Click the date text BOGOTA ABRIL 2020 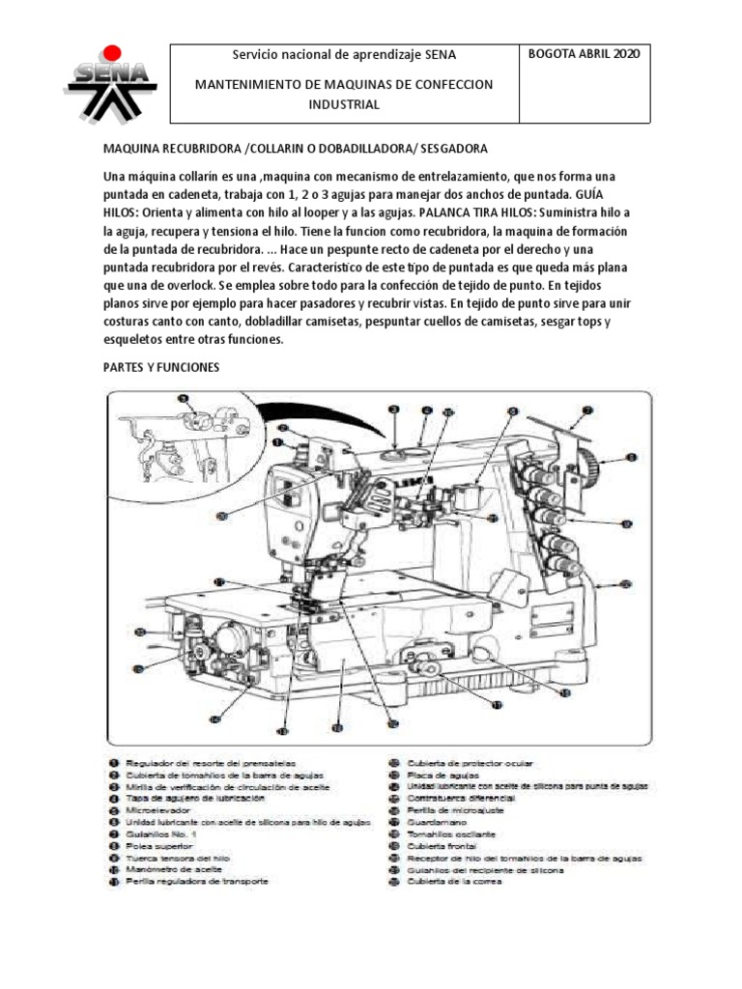[x=584, y=54]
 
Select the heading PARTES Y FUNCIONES [x=162, y=368]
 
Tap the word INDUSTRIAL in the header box [x=344, y=104]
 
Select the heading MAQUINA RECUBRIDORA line [x=296, y=149]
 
